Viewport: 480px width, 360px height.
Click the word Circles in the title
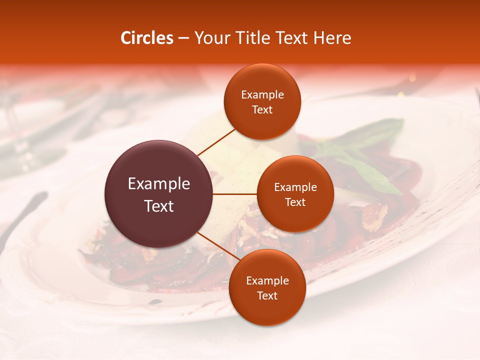pos(147,38)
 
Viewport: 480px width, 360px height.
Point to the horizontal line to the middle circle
pos(235,194)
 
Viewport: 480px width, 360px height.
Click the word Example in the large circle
pos(159,184)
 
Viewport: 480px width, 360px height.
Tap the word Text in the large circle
pos(159,206)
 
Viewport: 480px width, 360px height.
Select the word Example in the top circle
pos(262,95)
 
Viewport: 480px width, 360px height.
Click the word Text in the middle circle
pos(295,202)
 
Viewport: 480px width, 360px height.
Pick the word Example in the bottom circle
pos(267,281)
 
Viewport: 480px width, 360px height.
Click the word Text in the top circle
pos(262,109)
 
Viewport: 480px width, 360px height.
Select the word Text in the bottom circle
pos(267,295)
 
